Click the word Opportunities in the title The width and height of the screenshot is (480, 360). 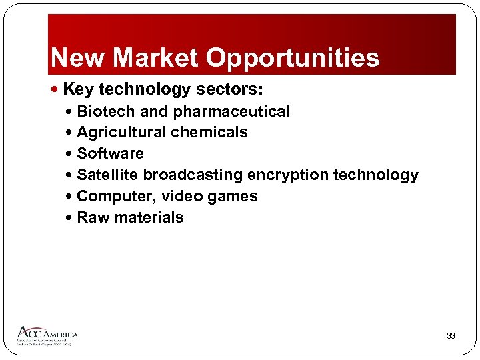click(x=293, y=59)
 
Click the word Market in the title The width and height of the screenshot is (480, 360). click(x=156, y=58)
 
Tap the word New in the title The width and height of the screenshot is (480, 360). click(x=78, y=58)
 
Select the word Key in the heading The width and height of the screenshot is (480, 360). click(x=78, y=89)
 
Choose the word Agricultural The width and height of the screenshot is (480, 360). click(x=121, y=133)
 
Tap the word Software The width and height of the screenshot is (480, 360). click(x=110, y=154)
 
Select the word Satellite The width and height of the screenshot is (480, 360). click(x=108, y=175)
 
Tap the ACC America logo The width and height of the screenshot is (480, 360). click(x=47, y=335)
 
